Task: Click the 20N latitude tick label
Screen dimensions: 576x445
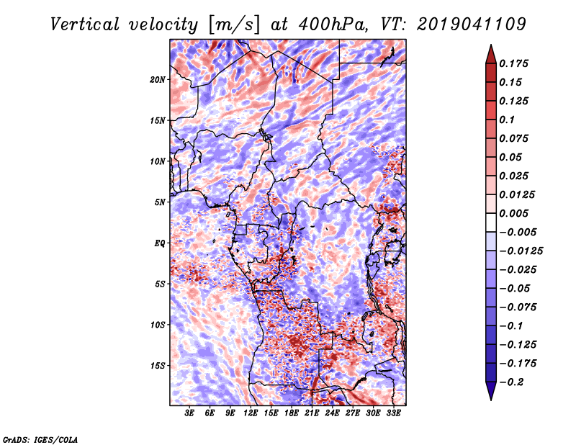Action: click(157, 80)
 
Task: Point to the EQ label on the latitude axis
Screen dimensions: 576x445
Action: click(159, 243)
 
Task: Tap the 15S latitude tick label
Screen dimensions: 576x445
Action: click(157, 366)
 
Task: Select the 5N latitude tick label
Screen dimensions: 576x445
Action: click(160, 202)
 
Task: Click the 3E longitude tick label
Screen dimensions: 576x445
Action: click(189, 413)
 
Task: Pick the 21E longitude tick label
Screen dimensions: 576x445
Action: click(312, 413)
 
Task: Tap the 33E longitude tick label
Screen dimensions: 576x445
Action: click(393, 413)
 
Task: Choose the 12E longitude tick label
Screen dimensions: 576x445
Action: click(250, 413)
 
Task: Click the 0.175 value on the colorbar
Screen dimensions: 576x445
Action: click(513, 63)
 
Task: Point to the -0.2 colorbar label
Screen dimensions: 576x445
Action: click(511, 382)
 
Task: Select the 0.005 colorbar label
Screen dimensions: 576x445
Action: click(513, 213)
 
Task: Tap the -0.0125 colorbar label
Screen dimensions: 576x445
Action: click(521, 251)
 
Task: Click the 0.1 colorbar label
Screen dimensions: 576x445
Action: click(507, 120)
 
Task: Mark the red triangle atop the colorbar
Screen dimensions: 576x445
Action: click(491, 54)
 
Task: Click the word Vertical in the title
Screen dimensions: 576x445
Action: click(85, 24)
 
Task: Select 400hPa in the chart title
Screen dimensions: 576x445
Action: click(333, 24)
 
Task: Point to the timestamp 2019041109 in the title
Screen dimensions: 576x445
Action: click(472, 24)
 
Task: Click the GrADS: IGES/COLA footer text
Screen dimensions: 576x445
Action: click(40, 440)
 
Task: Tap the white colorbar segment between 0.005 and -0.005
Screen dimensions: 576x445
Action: click(491, 223)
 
